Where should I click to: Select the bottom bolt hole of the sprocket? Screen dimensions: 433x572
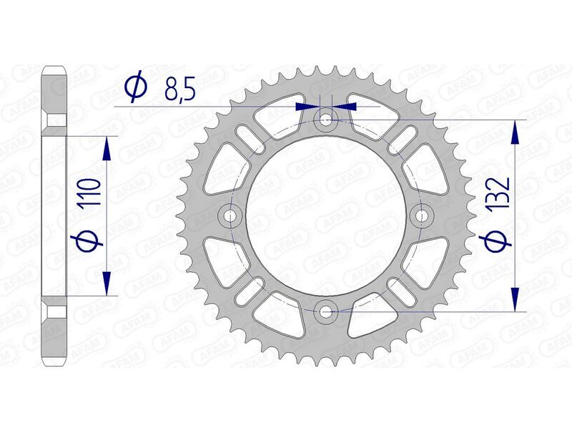(327, 311)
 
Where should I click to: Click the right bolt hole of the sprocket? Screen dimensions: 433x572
(422, 215)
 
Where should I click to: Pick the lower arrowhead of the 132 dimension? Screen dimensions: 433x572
(515, 297)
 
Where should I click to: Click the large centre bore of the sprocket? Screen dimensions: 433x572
(327, 215)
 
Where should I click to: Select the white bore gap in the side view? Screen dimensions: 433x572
(56, 215)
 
